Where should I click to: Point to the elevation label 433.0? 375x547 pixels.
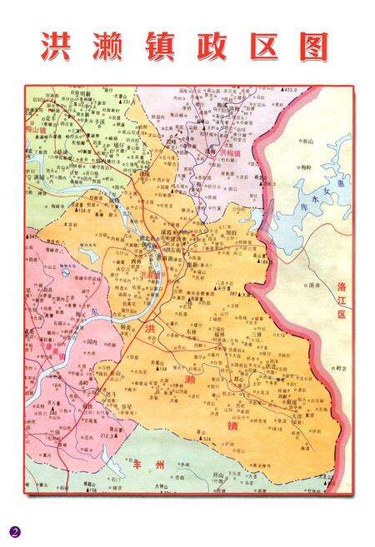290,89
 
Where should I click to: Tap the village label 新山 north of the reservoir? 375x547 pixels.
307,142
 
